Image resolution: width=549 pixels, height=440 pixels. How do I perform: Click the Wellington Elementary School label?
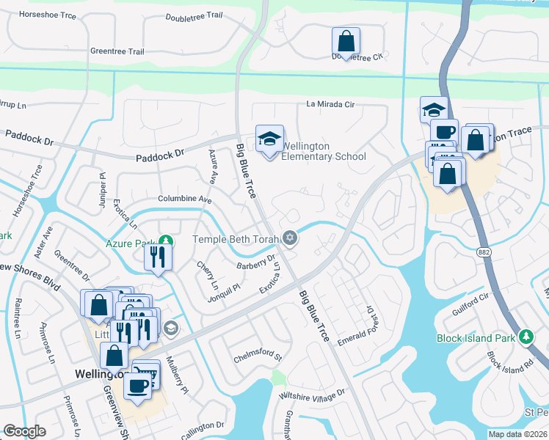[323, 151]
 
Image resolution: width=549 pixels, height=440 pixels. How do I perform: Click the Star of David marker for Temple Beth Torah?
[290, 238]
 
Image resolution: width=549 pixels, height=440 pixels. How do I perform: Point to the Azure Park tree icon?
[167, 241]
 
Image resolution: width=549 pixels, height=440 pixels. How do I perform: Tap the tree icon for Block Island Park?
[526, 337]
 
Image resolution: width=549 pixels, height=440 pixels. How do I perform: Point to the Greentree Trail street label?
[117, 51]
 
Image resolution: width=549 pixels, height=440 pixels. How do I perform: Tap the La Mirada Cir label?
[330, 105]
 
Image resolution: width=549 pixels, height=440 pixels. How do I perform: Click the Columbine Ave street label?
[185, 199]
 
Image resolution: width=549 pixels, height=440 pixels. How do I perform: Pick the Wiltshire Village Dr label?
[311, 396]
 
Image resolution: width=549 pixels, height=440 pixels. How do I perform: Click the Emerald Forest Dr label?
[357, 326]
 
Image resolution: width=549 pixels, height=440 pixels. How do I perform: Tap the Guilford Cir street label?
[470, 303]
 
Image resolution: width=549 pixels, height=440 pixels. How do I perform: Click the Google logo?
[24, 431]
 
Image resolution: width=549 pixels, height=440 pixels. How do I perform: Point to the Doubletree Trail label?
[194, 16]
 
